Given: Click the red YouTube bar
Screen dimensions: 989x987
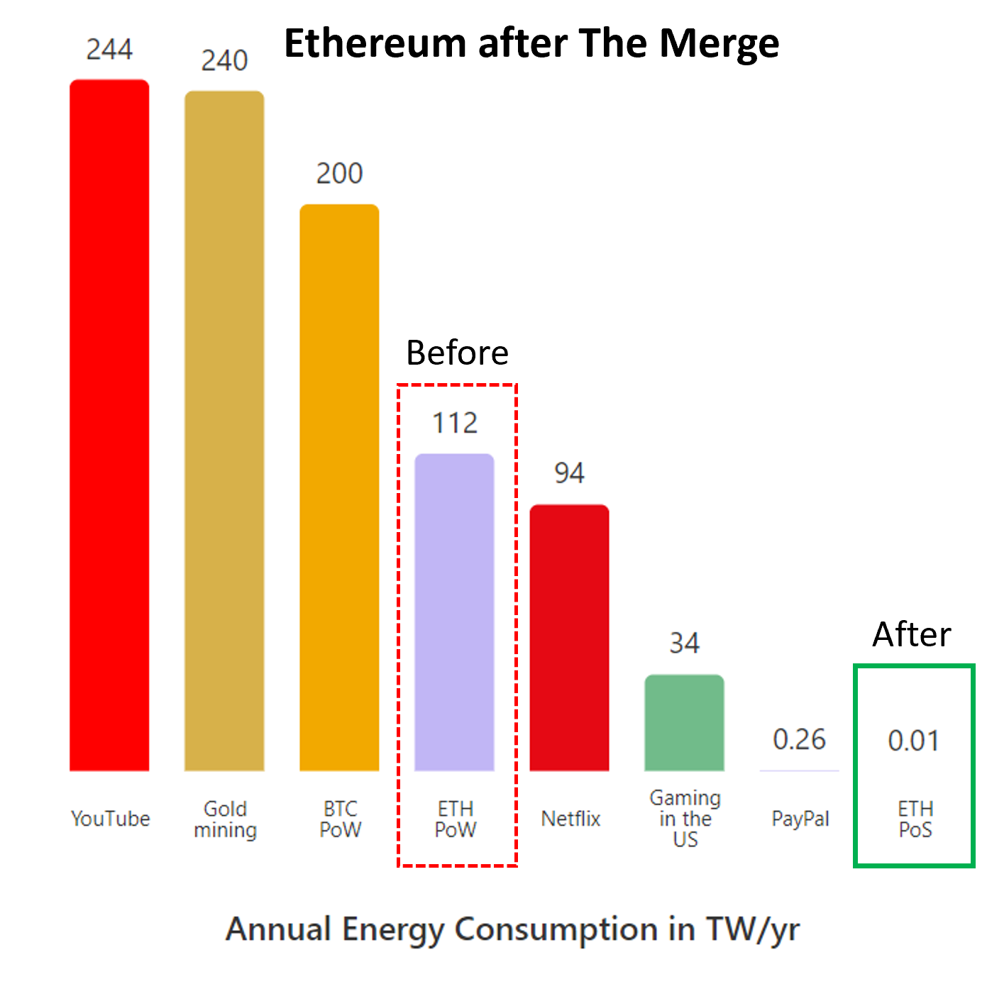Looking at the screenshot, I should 109,426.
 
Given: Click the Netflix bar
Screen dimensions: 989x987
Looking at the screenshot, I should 569,639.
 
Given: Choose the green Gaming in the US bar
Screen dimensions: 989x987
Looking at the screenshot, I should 684,724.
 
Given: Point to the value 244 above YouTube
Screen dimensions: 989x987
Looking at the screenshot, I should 109,50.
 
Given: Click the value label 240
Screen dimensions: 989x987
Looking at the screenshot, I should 224,61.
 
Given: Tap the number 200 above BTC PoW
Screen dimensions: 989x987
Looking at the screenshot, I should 339,174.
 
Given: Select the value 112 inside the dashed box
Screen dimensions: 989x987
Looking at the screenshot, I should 455,424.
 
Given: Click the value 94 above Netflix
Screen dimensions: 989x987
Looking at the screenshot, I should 569,473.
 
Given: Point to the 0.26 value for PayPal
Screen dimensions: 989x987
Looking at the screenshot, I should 799,740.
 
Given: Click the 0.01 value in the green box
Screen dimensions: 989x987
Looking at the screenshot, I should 914,741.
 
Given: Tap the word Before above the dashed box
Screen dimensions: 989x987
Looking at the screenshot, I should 457,353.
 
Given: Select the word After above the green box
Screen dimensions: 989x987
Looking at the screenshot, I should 912,634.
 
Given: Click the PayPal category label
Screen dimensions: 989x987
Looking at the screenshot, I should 800,819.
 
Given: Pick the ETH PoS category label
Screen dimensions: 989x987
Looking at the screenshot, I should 915,819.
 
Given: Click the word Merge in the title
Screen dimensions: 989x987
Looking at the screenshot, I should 719,44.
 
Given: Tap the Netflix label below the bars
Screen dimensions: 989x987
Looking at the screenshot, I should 570,819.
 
